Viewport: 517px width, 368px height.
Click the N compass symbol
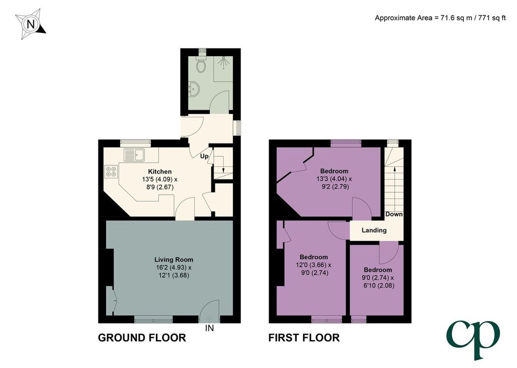pos(30,24)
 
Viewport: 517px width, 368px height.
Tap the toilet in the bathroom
pos(200,64)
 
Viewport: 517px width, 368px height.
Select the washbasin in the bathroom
pos(193,89)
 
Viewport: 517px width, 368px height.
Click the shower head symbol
pos(224,61)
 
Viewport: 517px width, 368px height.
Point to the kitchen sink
pos(134,155)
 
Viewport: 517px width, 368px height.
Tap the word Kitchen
pos(160,172)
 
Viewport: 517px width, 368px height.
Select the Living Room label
pos(174,259)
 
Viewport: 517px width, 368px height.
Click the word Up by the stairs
pos(204,156)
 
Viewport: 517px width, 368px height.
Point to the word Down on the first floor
pos(394,214)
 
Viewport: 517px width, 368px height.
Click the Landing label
pos(374,230)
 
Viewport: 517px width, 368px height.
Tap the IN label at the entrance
pos(210,328)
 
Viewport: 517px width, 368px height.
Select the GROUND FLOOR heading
pos(142,338)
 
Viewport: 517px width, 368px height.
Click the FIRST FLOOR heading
pos(304,338)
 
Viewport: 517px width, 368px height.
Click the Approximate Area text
pos(440,18)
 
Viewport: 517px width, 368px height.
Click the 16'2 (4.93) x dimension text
pos(174,267)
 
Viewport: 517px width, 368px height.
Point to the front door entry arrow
pos(209,319)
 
